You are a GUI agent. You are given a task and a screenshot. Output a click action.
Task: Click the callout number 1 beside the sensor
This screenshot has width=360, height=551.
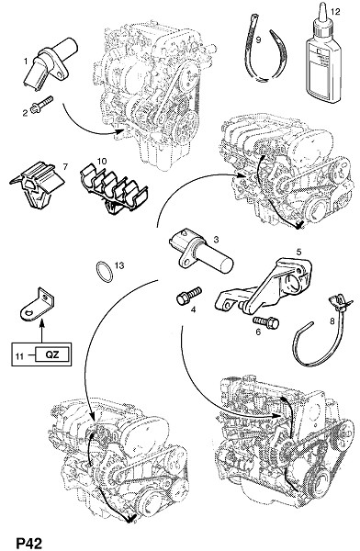pyautogui.click(x=26, y=62)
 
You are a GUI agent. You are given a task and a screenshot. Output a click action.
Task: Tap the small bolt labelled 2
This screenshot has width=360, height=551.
pyautogui.click(x=41, y=105)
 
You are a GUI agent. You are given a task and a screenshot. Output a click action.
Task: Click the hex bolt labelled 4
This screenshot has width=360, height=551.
pyautogui.click(x=189, y=296)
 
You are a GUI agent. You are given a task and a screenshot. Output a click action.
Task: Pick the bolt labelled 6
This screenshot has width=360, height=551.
pyautogui.click(x=265, y=321)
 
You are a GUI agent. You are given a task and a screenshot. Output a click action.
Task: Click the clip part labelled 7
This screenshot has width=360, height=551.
pyautogui.click(x=38, y=185)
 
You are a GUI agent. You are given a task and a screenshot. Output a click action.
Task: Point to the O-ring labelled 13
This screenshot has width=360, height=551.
pyautogui.click(x=104, y=272)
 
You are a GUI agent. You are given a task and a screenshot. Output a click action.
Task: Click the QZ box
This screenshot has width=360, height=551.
pyautogui.click(x=52, y=354)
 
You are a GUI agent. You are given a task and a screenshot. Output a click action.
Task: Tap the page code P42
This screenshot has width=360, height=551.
pyautogui.click(x=29, y=542)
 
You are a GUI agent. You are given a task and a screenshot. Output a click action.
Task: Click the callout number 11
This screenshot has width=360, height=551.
pyautogui.click(x=19, y=356)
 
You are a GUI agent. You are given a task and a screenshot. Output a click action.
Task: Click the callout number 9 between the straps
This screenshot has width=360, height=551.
pyautogui.click(x=258, y=40)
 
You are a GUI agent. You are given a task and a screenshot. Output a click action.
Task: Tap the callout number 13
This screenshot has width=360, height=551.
pyautogui.click(x=119, y=265)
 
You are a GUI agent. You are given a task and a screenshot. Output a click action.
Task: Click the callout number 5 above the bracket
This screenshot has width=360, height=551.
pyautogui.click(x=298, y=252)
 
